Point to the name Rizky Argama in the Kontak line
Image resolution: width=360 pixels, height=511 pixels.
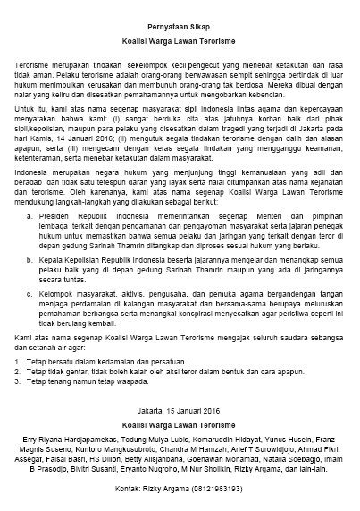coord(179,491)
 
